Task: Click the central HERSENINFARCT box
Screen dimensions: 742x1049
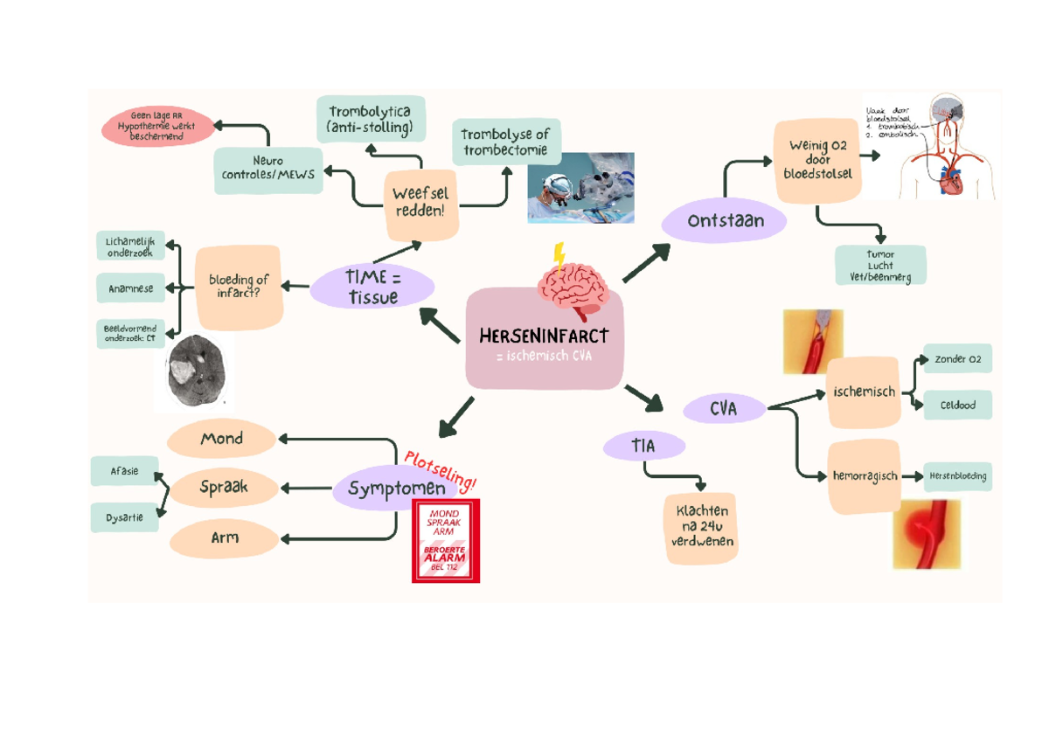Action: coord(544,345)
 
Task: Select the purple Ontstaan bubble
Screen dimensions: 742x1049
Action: coord(725,221)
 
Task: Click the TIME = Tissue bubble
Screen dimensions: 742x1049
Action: coord(372,287)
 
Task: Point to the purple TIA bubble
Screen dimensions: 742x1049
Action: coord(643,447)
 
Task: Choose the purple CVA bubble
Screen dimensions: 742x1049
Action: coord(723,408)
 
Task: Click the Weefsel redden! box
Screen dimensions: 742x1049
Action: coord(423,204)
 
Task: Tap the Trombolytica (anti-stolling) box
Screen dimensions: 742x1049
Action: coord(371,119)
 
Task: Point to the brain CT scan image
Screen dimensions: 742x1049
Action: coord(196,371)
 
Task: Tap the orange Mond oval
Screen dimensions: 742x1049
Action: coord(221,439)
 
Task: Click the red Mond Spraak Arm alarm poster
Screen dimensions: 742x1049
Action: coord(446,542)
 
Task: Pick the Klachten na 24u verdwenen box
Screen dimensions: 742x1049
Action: coord(700,525)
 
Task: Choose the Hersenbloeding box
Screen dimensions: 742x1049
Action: coord(958,476)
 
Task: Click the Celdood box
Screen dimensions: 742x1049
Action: coord(957,405)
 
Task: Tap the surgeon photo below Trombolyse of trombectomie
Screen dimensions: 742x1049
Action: coord(580,188)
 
